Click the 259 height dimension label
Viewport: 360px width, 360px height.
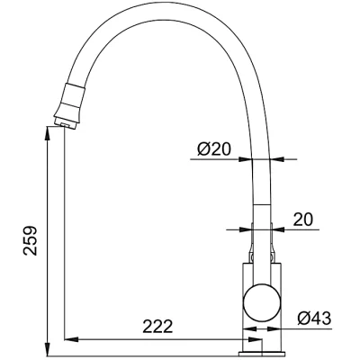[31, 240]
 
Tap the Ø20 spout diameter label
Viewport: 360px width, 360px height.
[214, 148]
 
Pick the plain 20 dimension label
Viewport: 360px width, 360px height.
[303, 220]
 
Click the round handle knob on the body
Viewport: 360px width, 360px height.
[262, 301]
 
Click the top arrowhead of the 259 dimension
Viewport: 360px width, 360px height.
[48, 133]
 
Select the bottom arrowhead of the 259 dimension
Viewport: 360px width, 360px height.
[48, 350]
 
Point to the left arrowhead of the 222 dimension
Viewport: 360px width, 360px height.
[71, 339]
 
